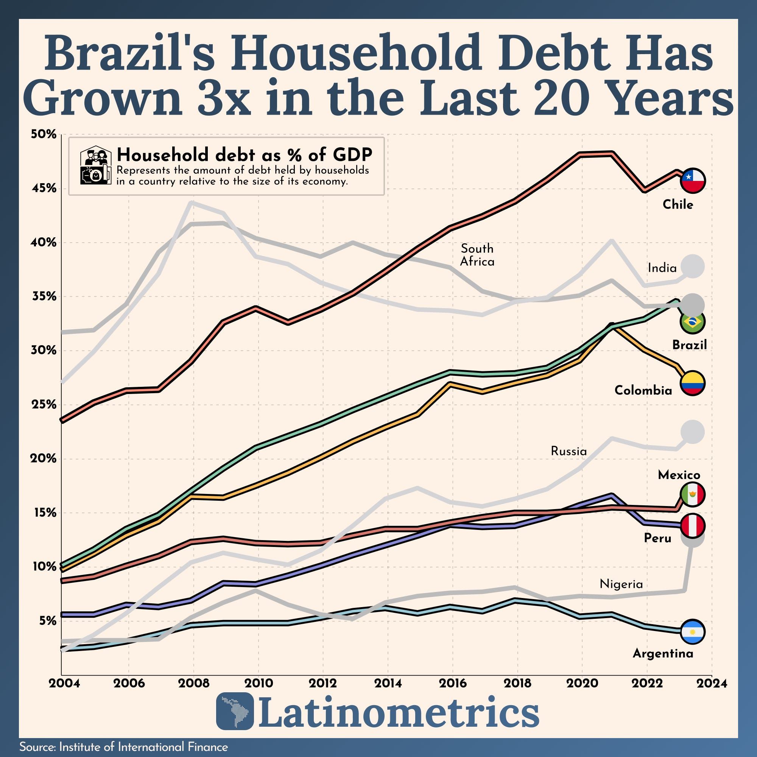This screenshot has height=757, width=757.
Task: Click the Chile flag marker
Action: pos(693,181)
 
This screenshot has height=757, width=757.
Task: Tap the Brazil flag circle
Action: pos(693,322)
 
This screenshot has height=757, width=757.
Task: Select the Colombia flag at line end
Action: pos(693,383)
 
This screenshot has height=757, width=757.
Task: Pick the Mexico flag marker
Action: pos(693,495)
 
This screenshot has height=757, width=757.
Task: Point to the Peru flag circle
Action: pos(693,525)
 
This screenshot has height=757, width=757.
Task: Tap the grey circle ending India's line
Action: pos(693,266)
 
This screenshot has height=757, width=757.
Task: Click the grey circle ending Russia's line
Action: pos(693,432)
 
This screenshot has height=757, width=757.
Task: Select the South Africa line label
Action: pos(477,255)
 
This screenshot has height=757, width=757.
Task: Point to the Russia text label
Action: pos(569,451)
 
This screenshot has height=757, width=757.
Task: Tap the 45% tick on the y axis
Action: pos(43,188)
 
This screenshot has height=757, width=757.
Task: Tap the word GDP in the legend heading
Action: pos(352,155)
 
